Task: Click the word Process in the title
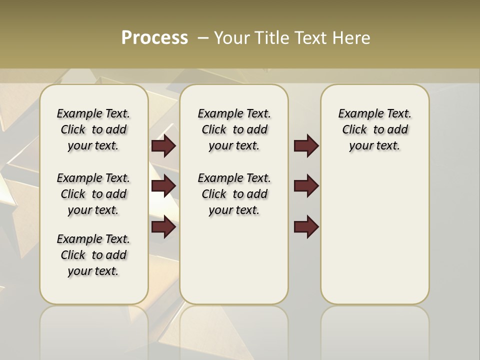[x=154, y=37]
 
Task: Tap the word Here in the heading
[x=352, y=38]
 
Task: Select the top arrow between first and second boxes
[x=163, y=146]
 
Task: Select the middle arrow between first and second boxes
[x=163, y=186]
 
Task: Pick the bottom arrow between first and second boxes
[x=163, y=226]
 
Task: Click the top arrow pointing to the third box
[x=306, y=146]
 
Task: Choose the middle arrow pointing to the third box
[x=306, y=186]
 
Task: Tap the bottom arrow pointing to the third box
[x=306, y=226]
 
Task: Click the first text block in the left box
[x=93, y=129]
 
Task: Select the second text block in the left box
[x=93, y=194]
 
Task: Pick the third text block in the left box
[x=93, y=255]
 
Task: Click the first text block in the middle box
[x=234, y=129]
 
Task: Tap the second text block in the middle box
[x=234, y=194]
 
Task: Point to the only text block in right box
[x=375, y=129]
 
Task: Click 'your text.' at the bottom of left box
[x=93, y=271]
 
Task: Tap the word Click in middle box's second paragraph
[x=214, y=194]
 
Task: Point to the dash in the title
[x=202, y=38]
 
